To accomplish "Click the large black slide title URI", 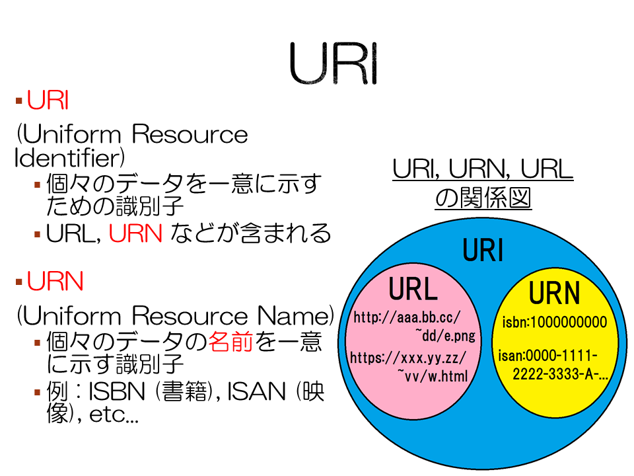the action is (334, 63).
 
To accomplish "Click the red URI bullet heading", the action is (48, 100).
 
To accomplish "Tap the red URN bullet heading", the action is (55, 282).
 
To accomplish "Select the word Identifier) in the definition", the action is (69, 158).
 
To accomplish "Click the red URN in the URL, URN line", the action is (135, 233).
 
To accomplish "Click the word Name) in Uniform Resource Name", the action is (296, 316).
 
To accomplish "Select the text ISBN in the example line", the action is (116, 392).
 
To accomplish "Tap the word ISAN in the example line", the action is (256, 392).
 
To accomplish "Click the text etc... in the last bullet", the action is (114, 415).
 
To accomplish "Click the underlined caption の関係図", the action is (483, 198).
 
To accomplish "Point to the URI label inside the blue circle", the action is (483, 250).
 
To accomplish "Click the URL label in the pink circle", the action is (413, 289).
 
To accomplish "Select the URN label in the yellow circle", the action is (555, 293).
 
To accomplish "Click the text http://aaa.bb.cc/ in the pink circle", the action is (407, 317).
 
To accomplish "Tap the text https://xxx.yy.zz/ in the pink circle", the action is (408, 358).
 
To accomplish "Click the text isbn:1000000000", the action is (555, 322).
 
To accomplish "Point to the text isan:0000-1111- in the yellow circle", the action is (548, 356).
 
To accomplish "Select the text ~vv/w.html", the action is (433, 376).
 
